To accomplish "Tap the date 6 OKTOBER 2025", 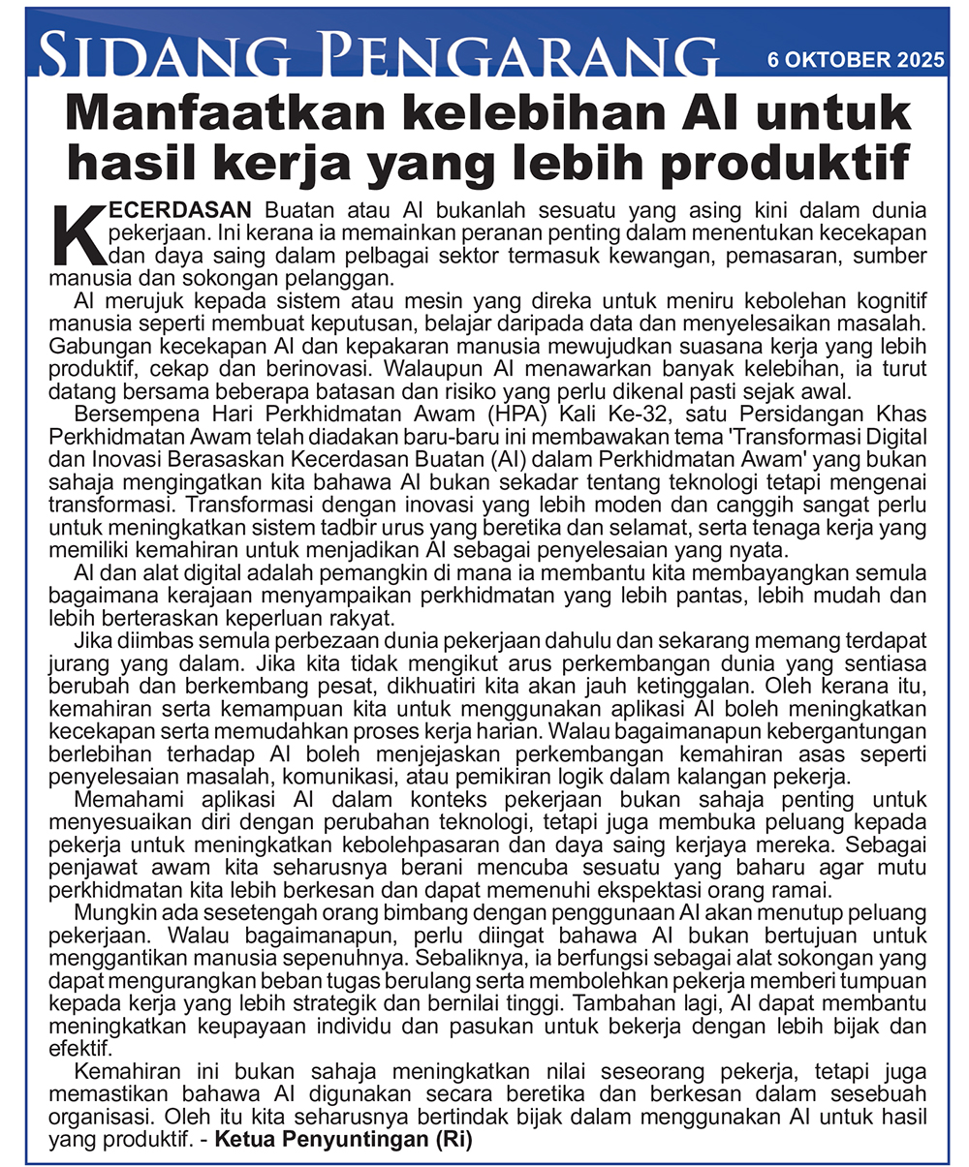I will coord(855,60).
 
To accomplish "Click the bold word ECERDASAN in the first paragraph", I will coord(180,209).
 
